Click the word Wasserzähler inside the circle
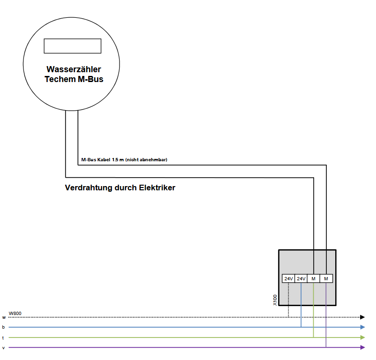click(x=74, y=69)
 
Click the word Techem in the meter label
click(x=60, y=79)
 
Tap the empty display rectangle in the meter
click(x=72, y=46)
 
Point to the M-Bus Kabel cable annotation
click(x=124, y=160)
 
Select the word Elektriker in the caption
click(x=157, y=187)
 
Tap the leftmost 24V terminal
click(x=288, y=278)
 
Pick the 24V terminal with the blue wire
click(x=301, y=278)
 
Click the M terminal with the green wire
click(x=314, y=278)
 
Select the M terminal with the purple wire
click(x=326, y=278)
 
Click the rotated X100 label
click(x=275, y=300)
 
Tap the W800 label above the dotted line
click(x=15, y=313)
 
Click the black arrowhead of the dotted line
click(x=362, y=317)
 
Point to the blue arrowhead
click(x=362, y=327)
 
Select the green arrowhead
click(x=362, y=337)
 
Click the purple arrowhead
click(x=362, y=347)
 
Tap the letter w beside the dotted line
click(x=4, y=317)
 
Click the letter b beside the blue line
click(x=3, y=327)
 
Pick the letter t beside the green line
click(x=3, y=337)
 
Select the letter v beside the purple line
click(x=3, y=348)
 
